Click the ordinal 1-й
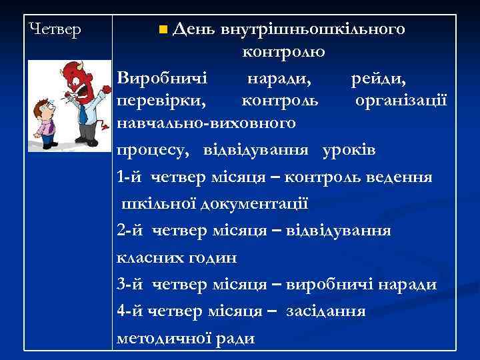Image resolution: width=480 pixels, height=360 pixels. pyautogui.click(x=129, y=177)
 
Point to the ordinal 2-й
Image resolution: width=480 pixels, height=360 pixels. pyautogui.click(x=129, y=231)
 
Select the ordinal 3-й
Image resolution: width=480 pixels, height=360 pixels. pyautogui.click(x=129, y=285)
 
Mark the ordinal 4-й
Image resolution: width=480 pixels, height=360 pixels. pyautogui.click(x=129, y=311)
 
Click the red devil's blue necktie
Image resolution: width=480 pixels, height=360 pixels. pyautogui.click(x=82, y=113)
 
